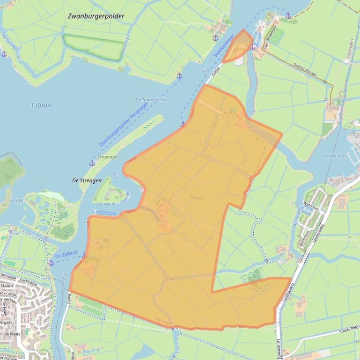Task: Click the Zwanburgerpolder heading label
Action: (x=96, y=16)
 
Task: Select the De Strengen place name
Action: (x=87, y=180)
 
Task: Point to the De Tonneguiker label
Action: (x=151, y=100)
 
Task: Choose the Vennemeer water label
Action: (x=335, y=156)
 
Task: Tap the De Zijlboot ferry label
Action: (x=66, y=256)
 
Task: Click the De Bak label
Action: (x=16, y=200)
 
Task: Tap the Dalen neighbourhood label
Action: (x=7, y=285)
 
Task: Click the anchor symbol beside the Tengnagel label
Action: (x=92, y=163)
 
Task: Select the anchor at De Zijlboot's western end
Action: (x=51, y=263)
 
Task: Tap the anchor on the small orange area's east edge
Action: (x=252, y=47)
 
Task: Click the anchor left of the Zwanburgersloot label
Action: (x=4, y=54)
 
